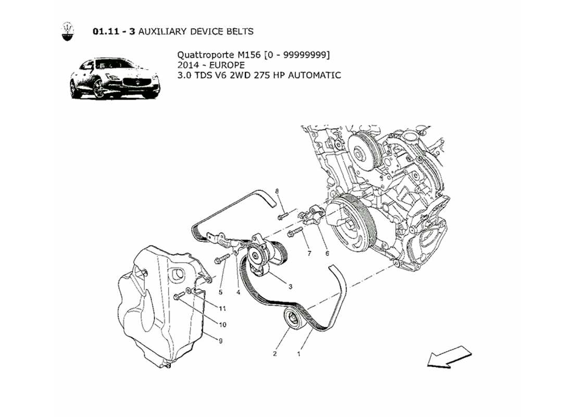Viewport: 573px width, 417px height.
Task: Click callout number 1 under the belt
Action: [x=299, y=353]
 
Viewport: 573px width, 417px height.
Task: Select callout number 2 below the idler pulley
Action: [x=275, y=353]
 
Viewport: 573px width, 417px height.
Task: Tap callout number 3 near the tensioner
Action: [x=290, y=286]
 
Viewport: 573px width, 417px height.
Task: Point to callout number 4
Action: [x=238, y=292]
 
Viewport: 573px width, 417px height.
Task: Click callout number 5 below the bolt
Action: [x=220, y=292]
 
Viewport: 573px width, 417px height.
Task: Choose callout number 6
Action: [x=327, y=253]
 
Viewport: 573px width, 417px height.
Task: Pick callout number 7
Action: [x=309, y=253]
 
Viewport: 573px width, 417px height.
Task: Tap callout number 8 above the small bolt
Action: [x=278, y=191]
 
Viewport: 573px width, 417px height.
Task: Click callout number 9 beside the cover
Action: [x=220, y=341]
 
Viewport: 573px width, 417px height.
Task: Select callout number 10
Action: [x=222, y=324]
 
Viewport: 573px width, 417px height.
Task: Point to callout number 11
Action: [x=222, y=308]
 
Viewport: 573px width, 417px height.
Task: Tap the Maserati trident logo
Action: [x=68, y=31]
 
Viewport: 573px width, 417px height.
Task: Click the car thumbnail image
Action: [x=115, y=79]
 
